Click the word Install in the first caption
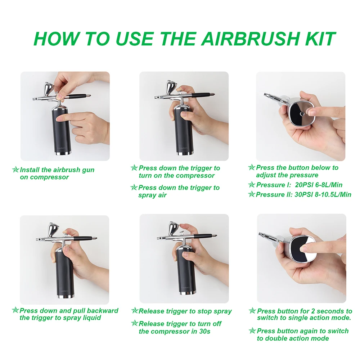30,170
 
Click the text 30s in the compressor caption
205,332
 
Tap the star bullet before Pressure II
252,194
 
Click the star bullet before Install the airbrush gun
15,170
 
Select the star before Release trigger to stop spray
135,311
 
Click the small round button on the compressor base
301,113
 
